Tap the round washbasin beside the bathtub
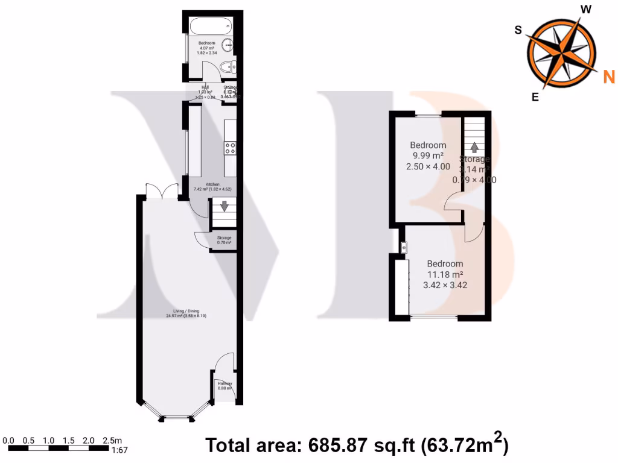229,44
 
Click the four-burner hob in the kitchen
230,147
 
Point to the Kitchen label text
212,184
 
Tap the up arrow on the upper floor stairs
474,147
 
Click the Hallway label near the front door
225,384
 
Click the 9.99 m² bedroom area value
428,156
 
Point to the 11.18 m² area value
445,274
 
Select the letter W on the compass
585,8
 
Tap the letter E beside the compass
535,96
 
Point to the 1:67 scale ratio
119,450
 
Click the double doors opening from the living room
161,190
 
